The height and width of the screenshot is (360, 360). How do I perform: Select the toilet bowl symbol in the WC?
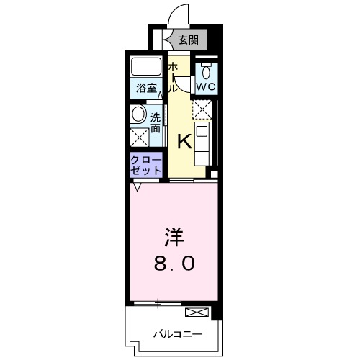point(207,71)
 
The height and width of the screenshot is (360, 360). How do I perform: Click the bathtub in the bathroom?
point(148,67)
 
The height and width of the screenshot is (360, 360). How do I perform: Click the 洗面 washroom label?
point(156,122)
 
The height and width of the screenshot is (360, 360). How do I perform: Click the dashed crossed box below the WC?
point(203,109)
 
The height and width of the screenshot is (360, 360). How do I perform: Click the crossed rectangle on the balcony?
point(196,312)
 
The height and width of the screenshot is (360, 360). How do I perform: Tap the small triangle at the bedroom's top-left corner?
point(136,189)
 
